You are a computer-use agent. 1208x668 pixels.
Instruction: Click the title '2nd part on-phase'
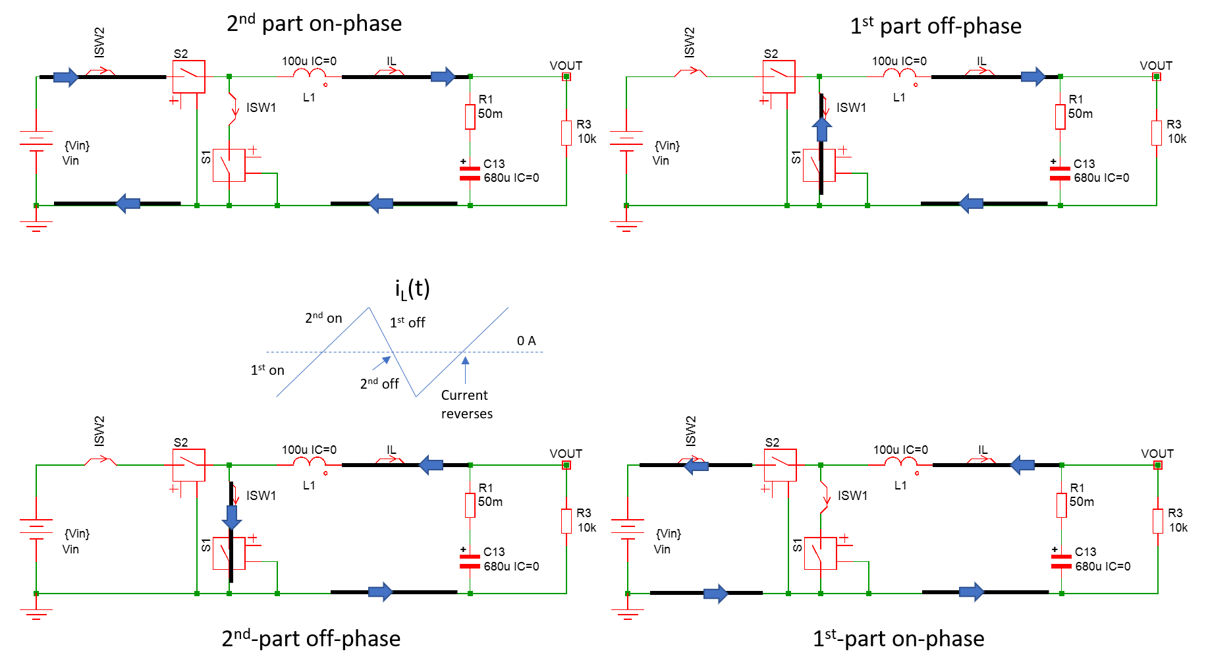click(x=314, y=24)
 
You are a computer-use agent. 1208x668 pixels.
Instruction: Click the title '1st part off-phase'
click(x=935, y=26)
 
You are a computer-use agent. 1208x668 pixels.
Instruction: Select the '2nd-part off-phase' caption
click(x=311, y=638)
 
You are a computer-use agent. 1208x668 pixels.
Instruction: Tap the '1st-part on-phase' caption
click(x=898, y=638)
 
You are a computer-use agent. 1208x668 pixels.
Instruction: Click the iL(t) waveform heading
click(x=412, y=289)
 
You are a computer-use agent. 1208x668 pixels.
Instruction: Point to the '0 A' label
click(x=526, y=341)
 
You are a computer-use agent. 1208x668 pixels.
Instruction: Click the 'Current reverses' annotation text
click(x=466, y=404)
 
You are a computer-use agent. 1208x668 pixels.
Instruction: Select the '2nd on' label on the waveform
click(x=323, y=318)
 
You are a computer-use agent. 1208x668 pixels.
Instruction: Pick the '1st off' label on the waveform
click(x=407, y=322)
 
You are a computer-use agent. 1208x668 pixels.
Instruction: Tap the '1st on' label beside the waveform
click(x=267, y=370)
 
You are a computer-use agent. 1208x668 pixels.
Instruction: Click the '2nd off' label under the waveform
click(x=379, y=383)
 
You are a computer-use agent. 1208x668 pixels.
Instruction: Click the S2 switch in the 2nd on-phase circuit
click(x=189, y=76)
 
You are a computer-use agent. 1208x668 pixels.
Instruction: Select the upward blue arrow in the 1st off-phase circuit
click(x=821, y=129)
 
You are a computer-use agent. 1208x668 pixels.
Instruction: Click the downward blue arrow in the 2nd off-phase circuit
click(x=231, y=517)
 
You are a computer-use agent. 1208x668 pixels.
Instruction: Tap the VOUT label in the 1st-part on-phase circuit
click(x=1157, y=454)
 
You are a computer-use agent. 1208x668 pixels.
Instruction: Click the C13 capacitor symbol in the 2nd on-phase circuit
click(x=470, y=173)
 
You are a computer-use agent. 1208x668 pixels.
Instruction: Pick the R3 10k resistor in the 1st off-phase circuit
click(x=1157, y=132)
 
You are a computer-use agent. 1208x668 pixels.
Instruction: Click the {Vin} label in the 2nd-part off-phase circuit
click(x=76, y=534)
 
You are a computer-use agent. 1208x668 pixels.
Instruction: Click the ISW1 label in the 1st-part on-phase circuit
click(x=852, y=495)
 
